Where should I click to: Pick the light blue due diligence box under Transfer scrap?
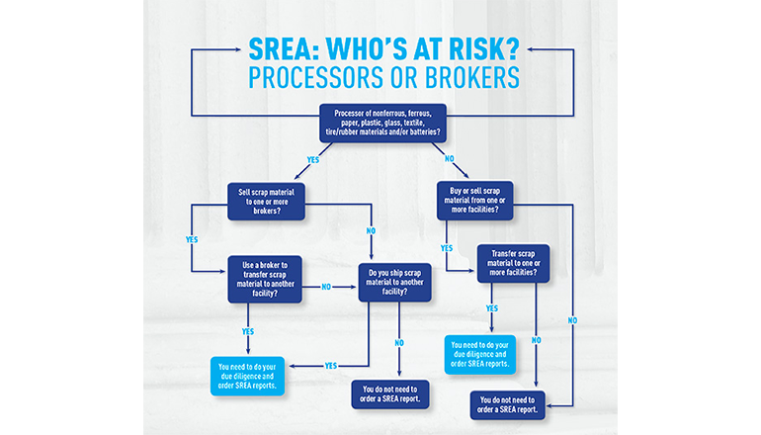tap(478, 353)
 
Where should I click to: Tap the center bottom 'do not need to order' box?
tap(390, 393)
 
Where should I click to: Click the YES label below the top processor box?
tap(313, 159)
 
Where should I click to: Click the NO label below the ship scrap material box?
tap(397, 342)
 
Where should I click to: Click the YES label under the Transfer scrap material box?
tap(492, 307)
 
